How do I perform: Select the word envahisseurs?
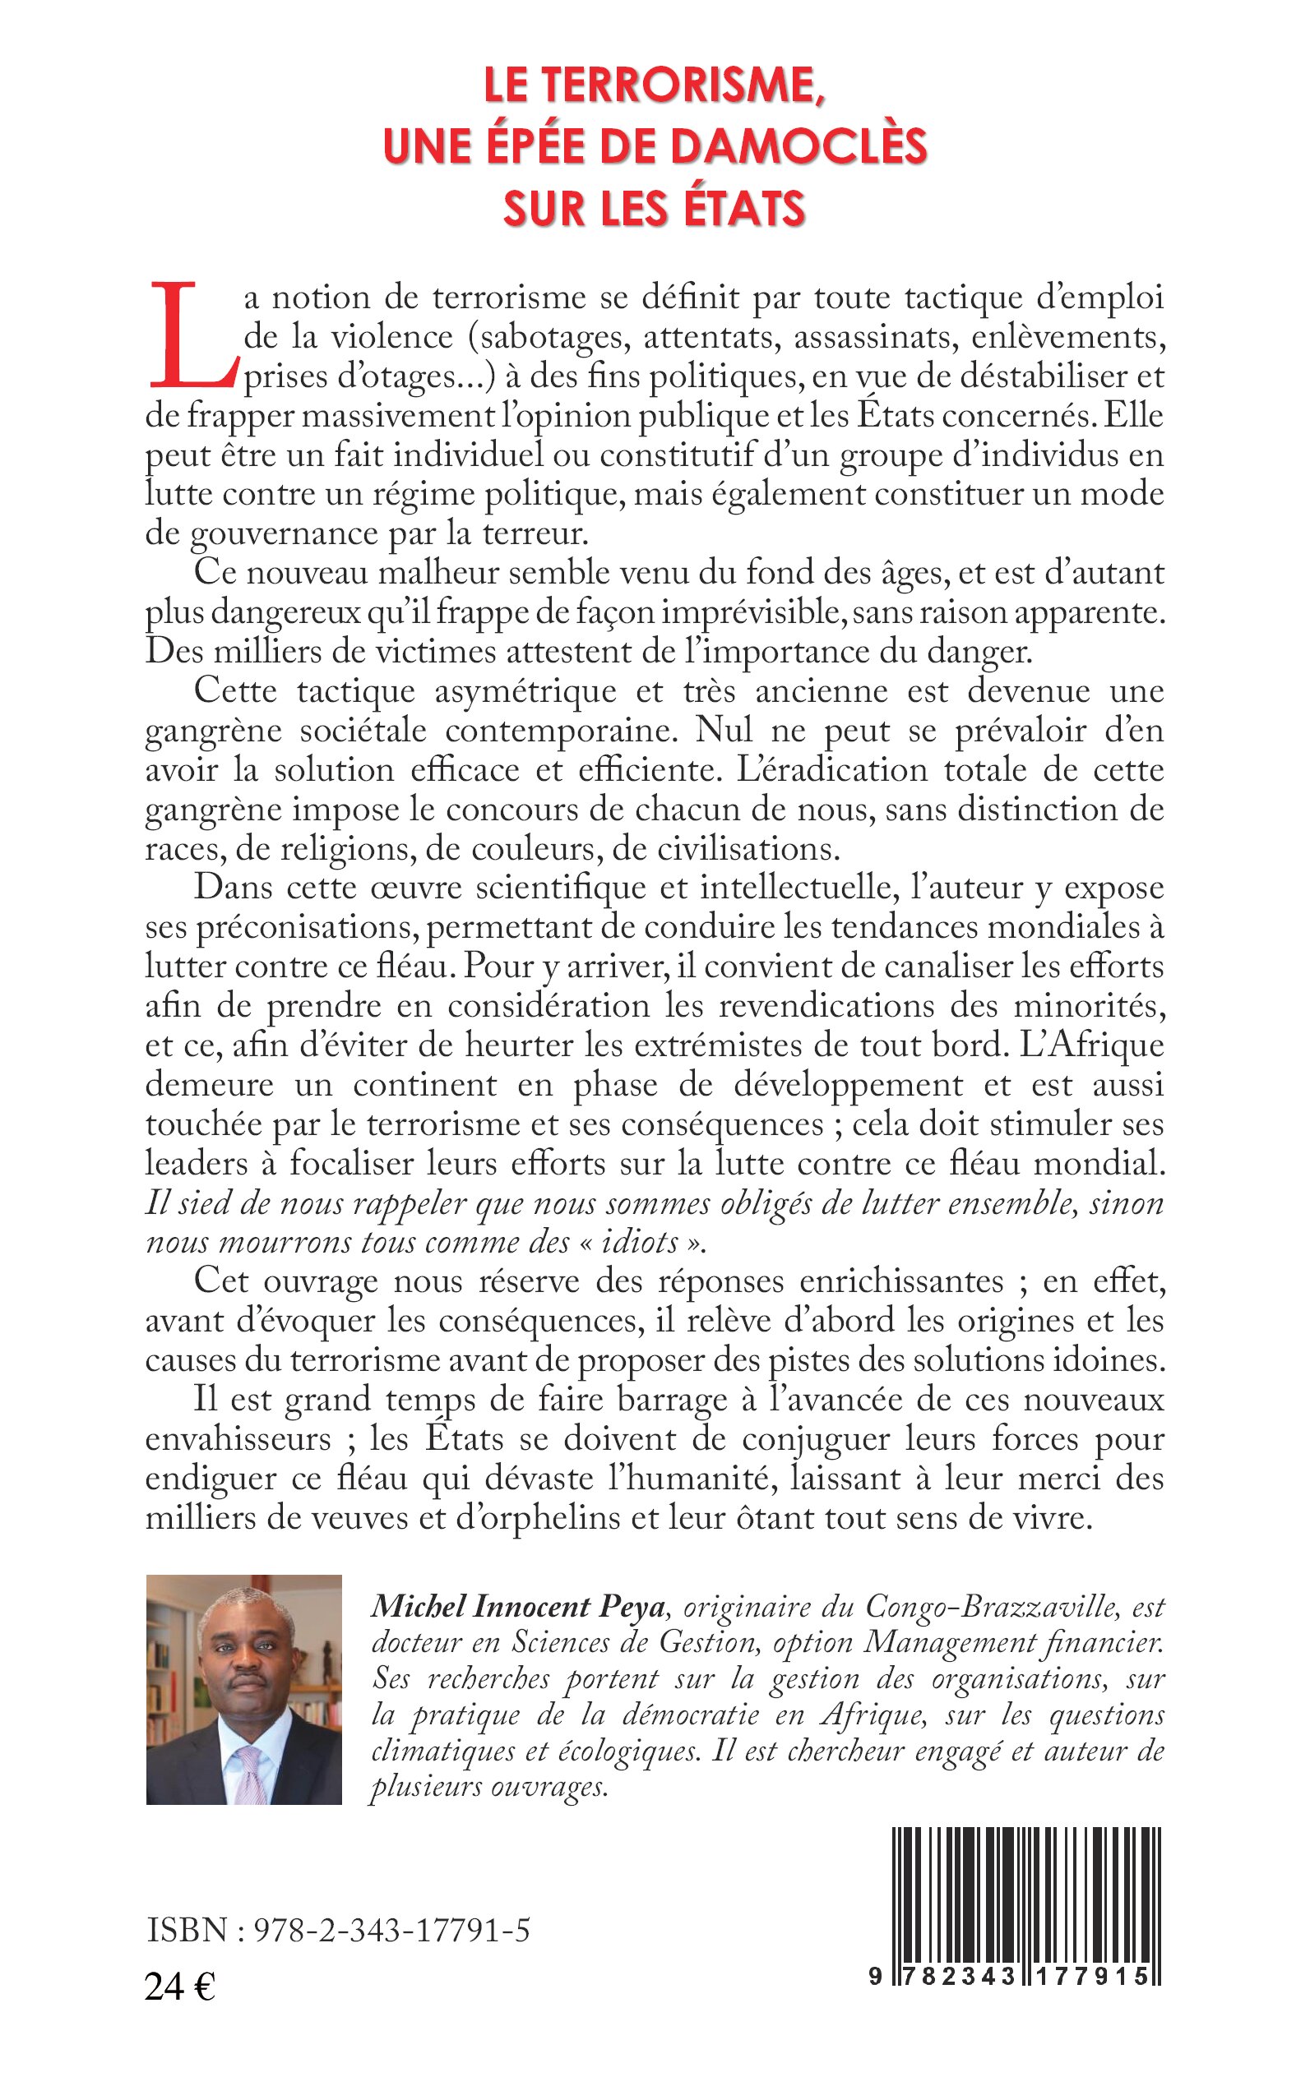point(238,1439)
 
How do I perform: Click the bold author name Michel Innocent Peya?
point(518,1607)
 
